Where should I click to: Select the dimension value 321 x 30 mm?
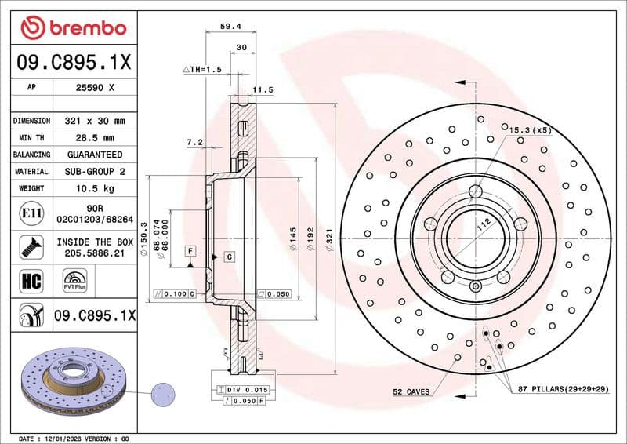(93, 122)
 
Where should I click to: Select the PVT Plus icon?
(74, 280)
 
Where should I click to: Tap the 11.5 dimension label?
(264, 90)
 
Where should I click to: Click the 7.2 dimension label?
(195, 142)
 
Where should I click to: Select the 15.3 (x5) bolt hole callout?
(531, 129)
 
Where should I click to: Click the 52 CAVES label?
(411, 391)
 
